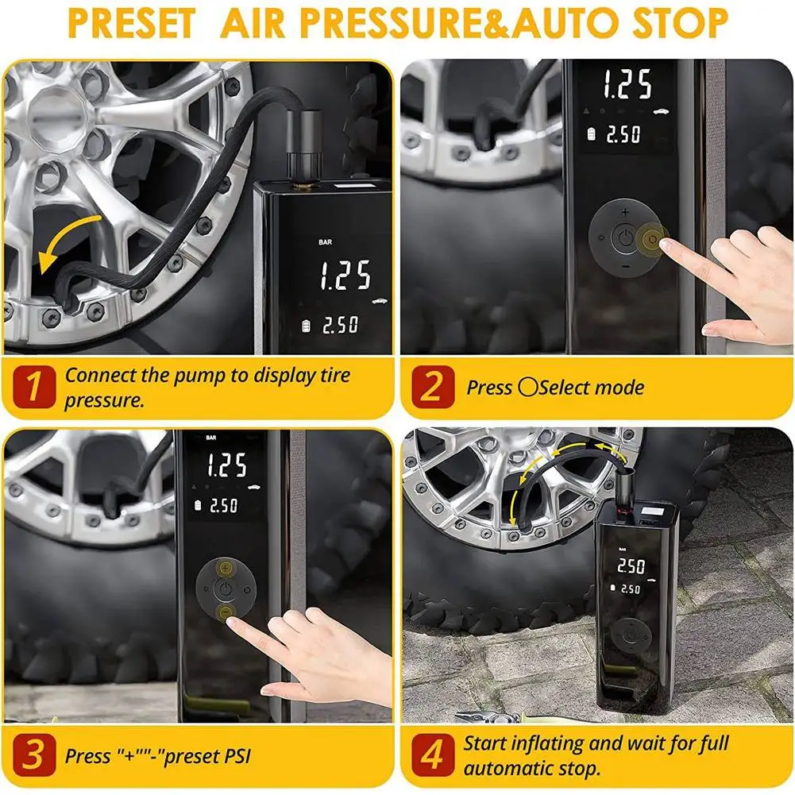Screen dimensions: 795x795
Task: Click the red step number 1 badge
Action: tap(34, 387)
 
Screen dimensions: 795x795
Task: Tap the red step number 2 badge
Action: tap(433, 387)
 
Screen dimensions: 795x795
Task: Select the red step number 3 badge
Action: tap(34, 754)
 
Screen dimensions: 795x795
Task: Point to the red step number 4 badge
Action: tap(433, 754)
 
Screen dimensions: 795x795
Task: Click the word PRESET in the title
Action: tap(133, 23)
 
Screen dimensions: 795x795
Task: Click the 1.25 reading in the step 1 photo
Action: tap(345, 276)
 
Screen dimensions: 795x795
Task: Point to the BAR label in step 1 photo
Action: tap(326, 242)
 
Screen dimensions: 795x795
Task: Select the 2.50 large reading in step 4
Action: tap(631, 566)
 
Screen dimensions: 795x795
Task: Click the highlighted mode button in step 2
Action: tap(653, 239)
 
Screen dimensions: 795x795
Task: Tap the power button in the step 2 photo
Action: tap(626, 238)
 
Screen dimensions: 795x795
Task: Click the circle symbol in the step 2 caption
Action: tap(527, 388)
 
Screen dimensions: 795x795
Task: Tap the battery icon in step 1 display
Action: tap(306, 326)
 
